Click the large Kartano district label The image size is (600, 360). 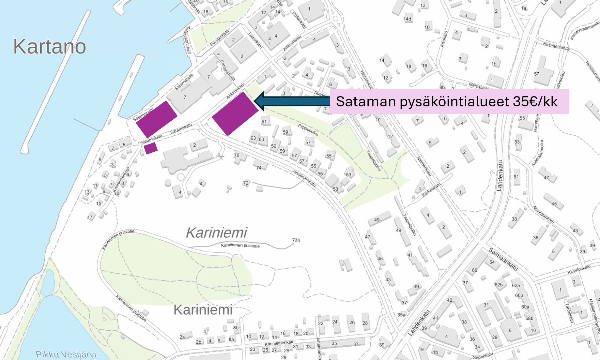click(x=49, y=47)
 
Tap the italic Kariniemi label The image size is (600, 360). click(x=216, y=233)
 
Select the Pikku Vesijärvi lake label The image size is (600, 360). click(x=66, y=354)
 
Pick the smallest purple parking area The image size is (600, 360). click(x=150, y=148)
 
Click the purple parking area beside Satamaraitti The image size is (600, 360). click(x=156, y=119)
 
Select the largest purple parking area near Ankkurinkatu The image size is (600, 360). click(x=235, y=114)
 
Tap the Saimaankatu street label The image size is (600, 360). click(x=503, y=259)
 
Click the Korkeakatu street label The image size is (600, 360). click(x=431, y=190)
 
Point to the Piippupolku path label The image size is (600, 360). click(x=308, y=130)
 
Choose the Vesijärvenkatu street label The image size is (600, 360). click(x=304, y=178)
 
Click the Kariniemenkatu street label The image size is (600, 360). click(x=279, y=343)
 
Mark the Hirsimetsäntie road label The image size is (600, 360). click(x=556, y=46)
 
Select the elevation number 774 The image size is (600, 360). click(x=296, y=240)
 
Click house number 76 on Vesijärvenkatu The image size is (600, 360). click(x=236, y=155)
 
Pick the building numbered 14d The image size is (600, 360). click(x=407, y=19)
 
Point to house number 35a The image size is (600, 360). click(x=401, y=315)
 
